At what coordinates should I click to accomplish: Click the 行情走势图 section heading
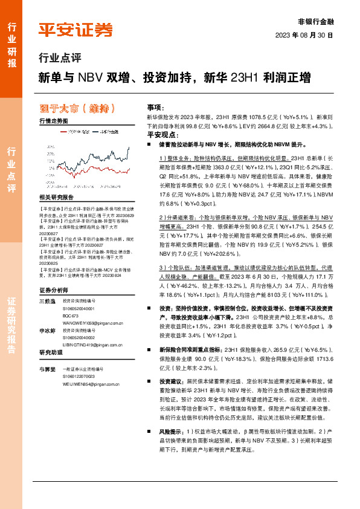53,122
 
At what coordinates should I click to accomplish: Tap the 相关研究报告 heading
56,197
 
